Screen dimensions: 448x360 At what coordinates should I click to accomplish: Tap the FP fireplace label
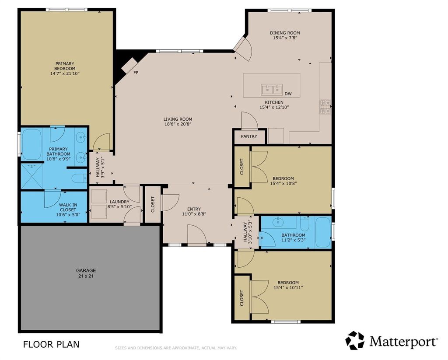click(x=136, y=73)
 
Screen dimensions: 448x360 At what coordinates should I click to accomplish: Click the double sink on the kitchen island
click(x=272, y=90)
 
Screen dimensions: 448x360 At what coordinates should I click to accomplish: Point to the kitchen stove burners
click(x=325, y=107)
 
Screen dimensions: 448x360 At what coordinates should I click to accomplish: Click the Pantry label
click(x=249, y=136)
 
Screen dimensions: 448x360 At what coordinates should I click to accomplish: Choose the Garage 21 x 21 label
click(x=86, y=273)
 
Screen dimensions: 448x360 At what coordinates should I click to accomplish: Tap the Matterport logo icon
click(x=355, y=340)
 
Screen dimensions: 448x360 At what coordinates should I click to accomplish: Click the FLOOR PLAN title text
click(x=51, y=344)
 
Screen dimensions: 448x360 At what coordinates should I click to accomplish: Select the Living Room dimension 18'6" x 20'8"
click(x=178, y=124)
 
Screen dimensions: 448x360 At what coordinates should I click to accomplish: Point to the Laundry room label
click(x=119, y=202)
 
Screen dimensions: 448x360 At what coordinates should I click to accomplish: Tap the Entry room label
click(x=194, y=209)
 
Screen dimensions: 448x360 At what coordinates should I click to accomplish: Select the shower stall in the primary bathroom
click(x=32, y=176)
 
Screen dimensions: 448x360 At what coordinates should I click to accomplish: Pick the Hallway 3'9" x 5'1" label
click(x=100, y=168)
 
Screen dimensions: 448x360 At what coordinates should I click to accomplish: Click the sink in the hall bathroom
click(x=277, y=221)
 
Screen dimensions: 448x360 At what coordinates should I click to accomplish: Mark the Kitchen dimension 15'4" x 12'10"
click(x=274, y=108)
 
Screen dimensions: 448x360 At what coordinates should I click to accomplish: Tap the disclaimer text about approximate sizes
click(x=176, y=348)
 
